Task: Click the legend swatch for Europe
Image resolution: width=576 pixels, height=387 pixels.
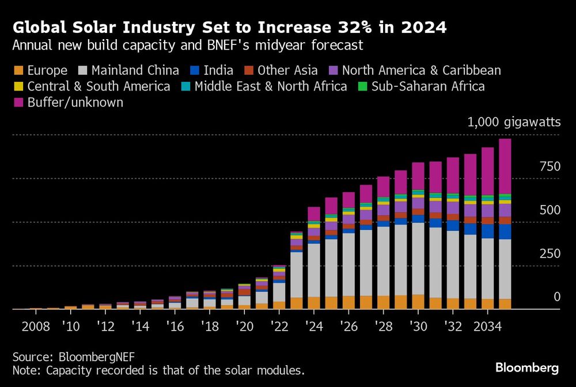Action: point(18,71)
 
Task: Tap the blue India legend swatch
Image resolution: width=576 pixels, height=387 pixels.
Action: point(194,71)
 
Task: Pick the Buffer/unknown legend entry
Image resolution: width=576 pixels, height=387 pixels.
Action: point(75,103)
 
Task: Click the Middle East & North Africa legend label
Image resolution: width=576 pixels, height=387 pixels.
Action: point(271,86)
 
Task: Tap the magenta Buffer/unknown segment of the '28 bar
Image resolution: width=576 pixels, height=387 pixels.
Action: point(383,187)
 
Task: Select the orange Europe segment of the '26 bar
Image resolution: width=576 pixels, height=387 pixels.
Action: point(348,302)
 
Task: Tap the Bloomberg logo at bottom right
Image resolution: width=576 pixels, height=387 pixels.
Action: point(526,367)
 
